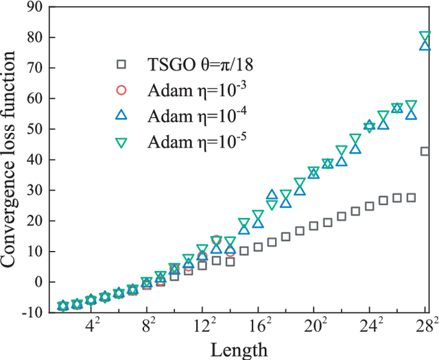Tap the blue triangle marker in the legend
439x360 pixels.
[x=121, y=115]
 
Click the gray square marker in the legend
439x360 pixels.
[x=121, y=64]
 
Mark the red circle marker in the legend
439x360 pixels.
[x=121, y=90]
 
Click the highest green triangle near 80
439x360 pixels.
[x=425, y=37]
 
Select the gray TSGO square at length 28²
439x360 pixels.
[x=425, y=152]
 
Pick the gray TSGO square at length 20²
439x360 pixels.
[x=313, y=226]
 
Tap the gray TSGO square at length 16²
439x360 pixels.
[x=258, y=246]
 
